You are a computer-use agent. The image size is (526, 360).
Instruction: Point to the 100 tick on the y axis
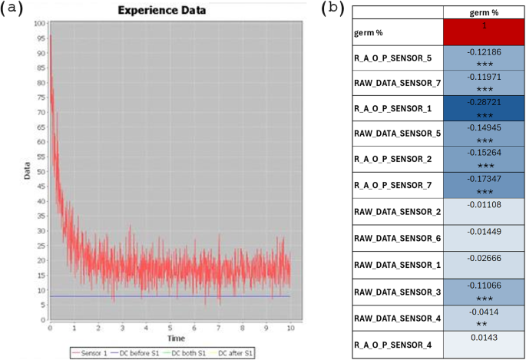pos(39,25)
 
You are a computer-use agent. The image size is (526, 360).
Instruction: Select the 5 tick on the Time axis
pos(170,329)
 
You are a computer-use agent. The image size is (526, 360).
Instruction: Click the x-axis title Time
pos(177,338)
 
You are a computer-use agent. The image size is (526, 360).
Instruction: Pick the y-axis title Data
pos(27,175)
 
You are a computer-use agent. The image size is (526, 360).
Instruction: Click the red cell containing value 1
pos(484,33)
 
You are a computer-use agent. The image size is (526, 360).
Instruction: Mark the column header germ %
pos(484,12)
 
